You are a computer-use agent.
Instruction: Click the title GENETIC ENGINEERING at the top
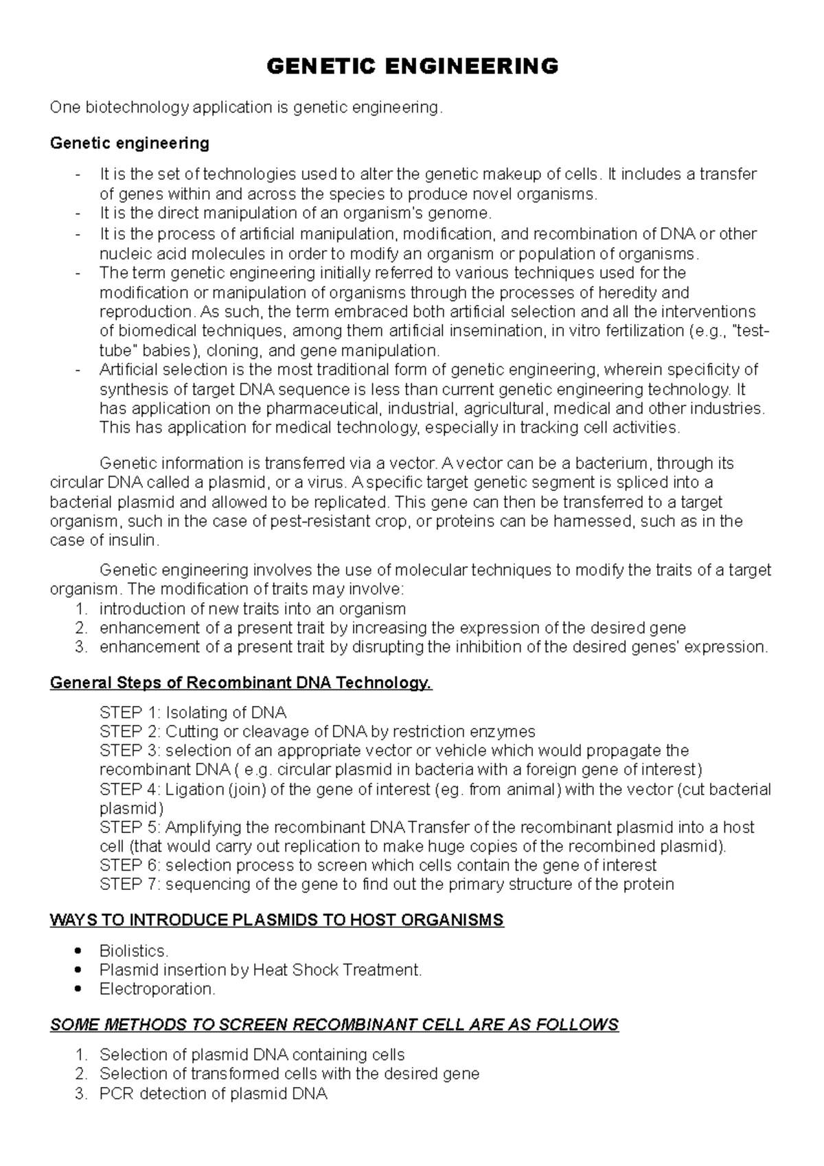412,67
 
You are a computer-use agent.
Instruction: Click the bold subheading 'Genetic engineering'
130,144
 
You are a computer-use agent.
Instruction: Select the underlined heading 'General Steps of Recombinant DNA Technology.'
241,683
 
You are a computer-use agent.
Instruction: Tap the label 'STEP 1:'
130,712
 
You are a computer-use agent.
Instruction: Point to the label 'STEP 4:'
130,789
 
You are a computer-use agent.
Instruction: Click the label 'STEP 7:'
130,884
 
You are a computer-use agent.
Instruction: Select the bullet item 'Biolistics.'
134,951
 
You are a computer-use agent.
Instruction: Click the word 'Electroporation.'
157,989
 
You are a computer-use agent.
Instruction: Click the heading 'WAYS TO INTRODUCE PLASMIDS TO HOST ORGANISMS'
277,920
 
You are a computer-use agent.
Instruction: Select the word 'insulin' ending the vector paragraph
133,540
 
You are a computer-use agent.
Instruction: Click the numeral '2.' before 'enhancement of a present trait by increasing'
82,628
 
